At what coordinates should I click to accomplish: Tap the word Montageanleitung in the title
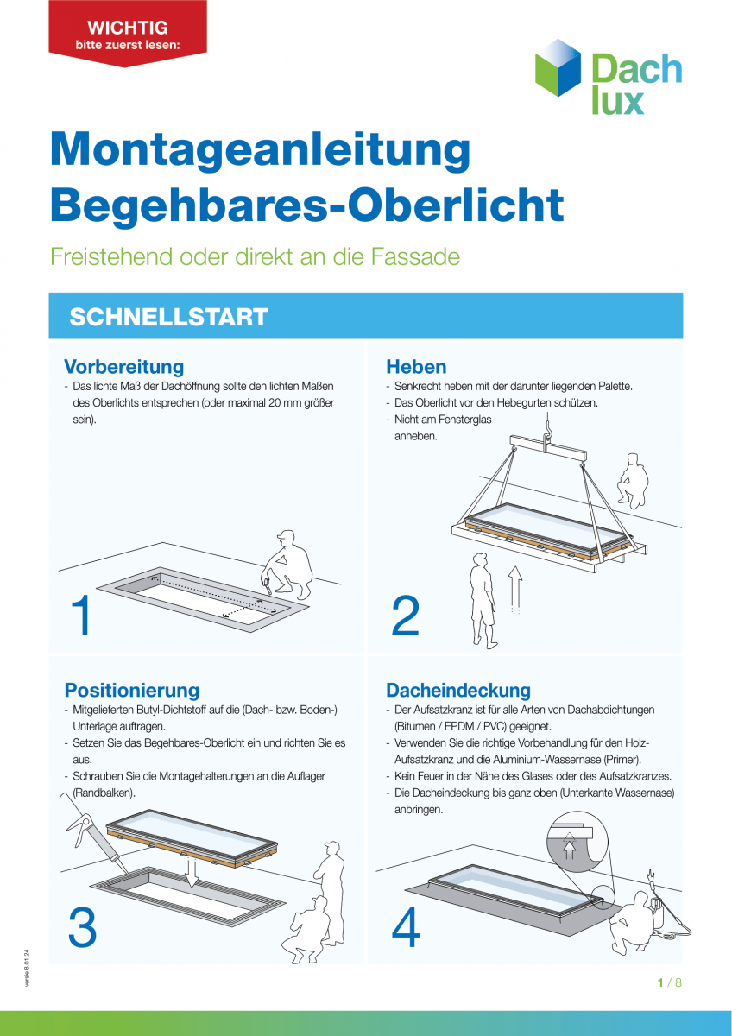click(260, 150)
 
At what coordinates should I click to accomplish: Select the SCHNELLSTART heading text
click(168, 317)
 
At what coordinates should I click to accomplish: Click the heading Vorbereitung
click(123, 366)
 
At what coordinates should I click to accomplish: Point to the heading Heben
click(416, 366)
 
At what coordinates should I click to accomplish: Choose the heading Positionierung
click(132, 690)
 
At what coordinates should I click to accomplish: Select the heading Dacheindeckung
click(457, 690)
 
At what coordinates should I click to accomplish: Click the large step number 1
click(82, 616)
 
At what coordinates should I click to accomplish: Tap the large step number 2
click(405, 616)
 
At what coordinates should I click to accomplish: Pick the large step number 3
click(82, 928)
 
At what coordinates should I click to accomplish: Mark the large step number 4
click(406, 928)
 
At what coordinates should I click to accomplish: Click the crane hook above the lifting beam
click(547, 426)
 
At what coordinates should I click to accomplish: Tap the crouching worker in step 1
click(291, 565)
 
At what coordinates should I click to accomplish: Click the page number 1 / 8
click(669, 982)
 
